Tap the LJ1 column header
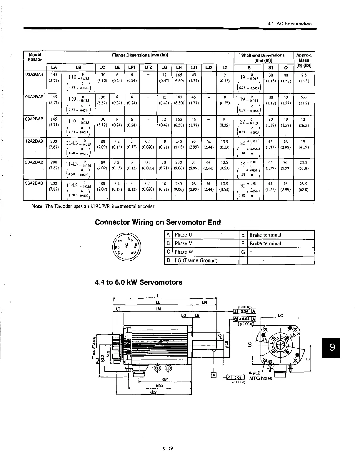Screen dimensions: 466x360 194,68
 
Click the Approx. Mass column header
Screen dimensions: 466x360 304,60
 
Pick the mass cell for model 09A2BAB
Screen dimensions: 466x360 303,122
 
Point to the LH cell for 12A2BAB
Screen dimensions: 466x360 179,144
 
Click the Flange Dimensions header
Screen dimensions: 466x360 140,55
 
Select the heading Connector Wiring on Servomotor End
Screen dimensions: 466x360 158,222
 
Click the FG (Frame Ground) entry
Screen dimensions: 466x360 196,260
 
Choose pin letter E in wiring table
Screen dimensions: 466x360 243,235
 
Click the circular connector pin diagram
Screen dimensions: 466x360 127,247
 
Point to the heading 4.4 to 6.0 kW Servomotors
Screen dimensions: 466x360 138,282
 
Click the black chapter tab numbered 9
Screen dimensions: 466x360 331,348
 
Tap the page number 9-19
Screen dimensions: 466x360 167,449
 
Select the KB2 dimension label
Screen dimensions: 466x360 153,392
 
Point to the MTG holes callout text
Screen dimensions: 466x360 260,378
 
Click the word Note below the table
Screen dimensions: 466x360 36,206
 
